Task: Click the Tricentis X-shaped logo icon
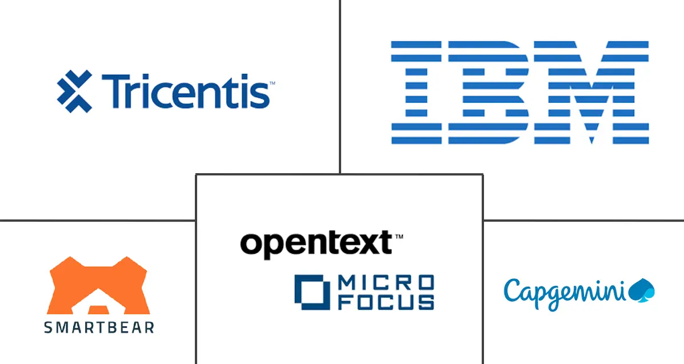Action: [74, 91]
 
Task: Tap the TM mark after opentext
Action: [399, 236]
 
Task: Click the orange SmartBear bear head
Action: [98, 286]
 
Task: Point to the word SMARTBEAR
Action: [98, 327]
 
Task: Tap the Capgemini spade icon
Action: [641, 291]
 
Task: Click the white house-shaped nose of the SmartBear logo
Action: [98, 309]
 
